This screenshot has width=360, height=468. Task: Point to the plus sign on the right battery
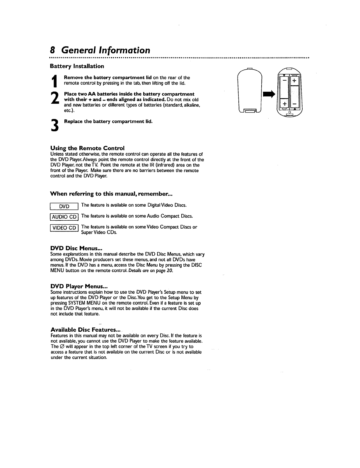(x=294, y=80)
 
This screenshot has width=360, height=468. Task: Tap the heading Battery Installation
(x=77, y=66)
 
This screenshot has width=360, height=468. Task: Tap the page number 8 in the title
(x=52, y=50)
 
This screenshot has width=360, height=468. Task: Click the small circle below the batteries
(x=289, y=112)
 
